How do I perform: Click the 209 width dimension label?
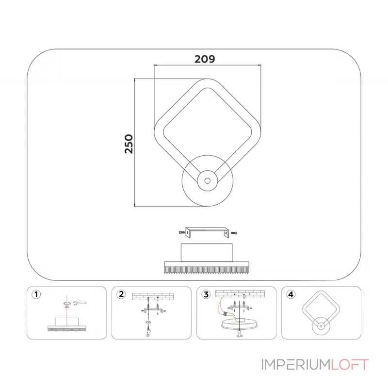pos(205,59)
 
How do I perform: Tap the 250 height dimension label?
pos(129,144)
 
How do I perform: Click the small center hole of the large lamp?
pos(208,180)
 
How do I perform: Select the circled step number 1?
pos(36,294)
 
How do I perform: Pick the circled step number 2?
pos(121,294)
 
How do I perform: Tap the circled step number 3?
pos(206,294)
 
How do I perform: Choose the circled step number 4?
pos(291,294)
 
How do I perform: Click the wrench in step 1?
pos(80,303)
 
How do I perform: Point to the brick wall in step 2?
pos(153,296)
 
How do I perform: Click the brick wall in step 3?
pos(240,294)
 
